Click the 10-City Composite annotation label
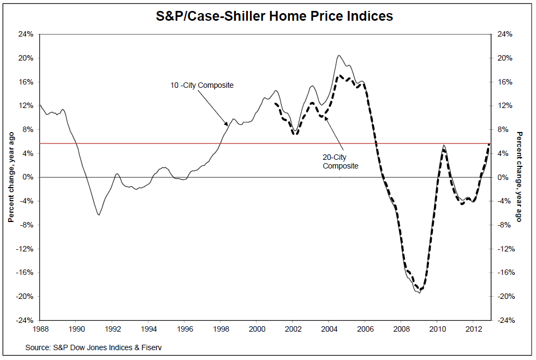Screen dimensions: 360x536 (x=202, y=85)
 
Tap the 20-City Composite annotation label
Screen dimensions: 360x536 (x=341, y=161)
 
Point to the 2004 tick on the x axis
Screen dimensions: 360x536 (x=329, y=329)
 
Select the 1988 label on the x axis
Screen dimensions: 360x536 (x=40, y=329)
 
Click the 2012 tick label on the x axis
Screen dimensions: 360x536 (x=473, y=329)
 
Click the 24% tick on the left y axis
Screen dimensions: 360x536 (x=26, y=34)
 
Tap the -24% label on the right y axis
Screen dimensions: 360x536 (x=505, y=320)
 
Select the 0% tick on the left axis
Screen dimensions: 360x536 (x=28, y=177)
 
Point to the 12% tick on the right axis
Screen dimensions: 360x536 (x=505, y=106)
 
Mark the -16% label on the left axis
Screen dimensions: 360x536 (x=25, y=273)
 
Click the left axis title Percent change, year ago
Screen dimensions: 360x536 (x=10, y=177)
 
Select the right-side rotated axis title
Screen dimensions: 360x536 (x=519, y=177)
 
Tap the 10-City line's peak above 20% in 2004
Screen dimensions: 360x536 (x=339, y=55)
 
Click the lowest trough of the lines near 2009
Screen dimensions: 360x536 (x=419, y=293)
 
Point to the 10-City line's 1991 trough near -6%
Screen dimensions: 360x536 (x=99, y=215)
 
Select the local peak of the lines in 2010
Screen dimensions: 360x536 (x=444, y=146)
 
